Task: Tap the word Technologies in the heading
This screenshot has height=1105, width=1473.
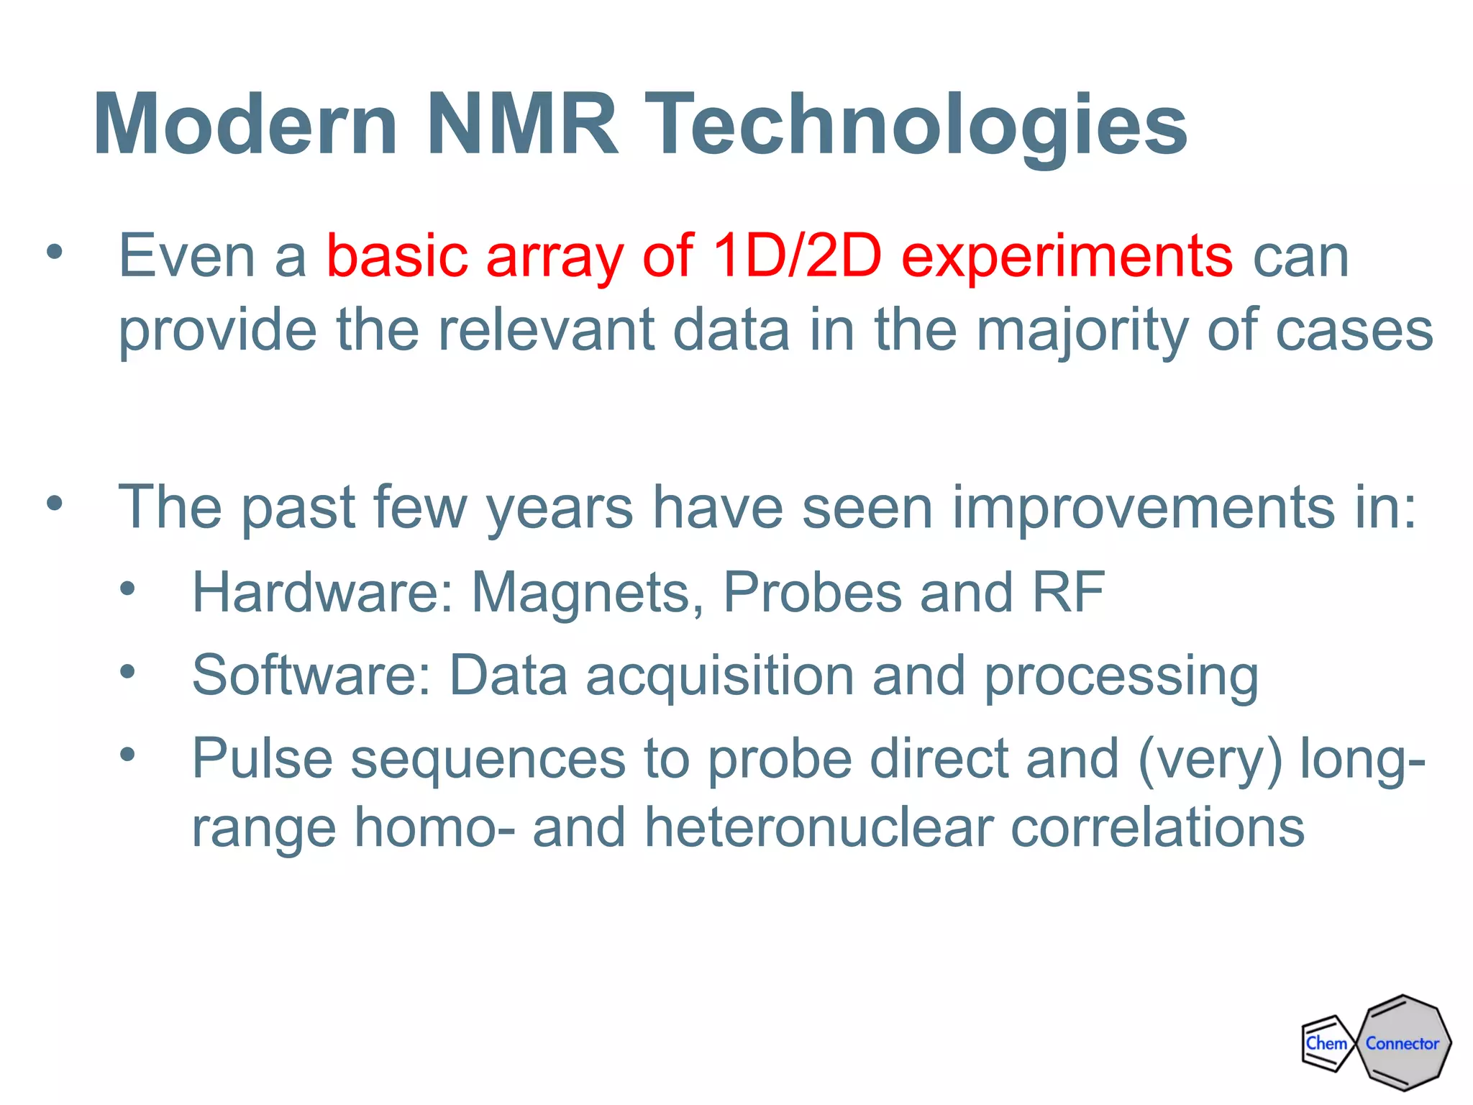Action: click(915, 124)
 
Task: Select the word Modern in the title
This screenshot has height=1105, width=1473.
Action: click(245, 124)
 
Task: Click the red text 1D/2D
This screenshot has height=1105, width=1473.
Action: click(797, 256)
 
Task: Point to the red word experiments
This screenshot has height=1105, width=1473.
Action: click(1067, 256)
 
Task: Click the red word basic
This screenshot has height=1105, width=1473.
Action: click(397, 256)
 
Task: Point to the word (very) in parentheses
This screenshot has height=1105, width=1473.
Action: click(1210, 759)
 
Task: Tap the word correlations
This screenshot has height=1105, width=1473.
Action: click(1157, 827)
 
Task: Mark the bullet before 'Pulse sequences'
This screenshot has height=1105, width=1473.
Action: click(127, 755)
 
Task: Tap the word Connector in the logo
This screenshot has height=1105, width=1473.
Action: click(1403, 1043)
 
